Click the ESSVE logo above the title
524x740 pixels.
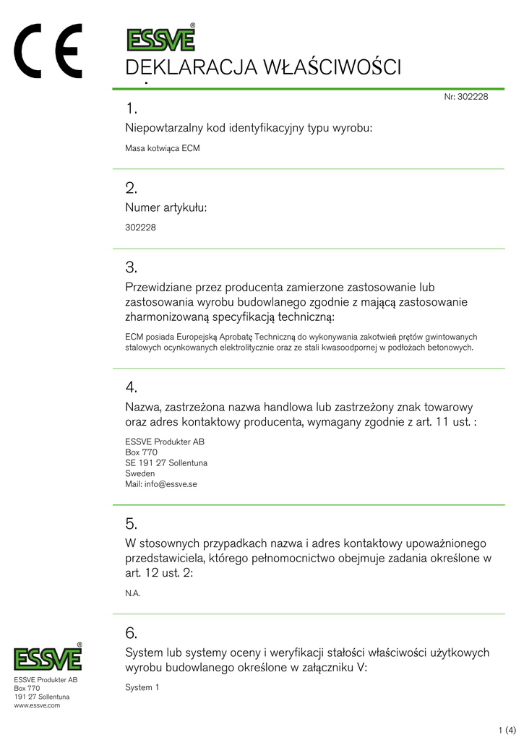click(x=160, y=38)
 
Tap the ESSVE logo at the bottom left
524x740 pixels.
click(x=48, y=658)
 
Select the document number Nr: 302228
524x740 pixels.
click(x=466, y=97)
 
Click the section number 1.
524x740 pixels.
click(x=131, y=108)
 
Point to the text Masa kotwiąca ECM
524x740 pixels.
click(x=162, y=148)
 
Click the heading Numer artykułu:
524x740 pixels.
click(x=166, y=207)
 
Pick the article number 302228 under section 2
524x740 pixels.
click(x=140, y=227)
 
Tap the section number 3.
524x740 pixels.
click(x=131, y=267)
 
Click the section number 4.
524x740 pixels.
click(x=131, y=387)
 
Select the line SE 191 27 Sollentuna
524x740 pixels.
click(x=166, y=462)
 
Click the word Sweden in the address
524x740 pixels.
click(x=139, y=473)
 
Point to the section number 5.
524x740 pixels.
click(x=131, y=523)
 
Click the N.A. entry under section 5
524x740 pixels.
click(x=132, y=593)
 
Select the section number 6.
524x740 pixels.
click(x=131, y=633)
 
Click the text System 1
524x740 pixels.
click(x=142, y=687)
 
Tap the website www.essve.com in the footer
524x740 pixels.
click(x=37, y=705)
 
